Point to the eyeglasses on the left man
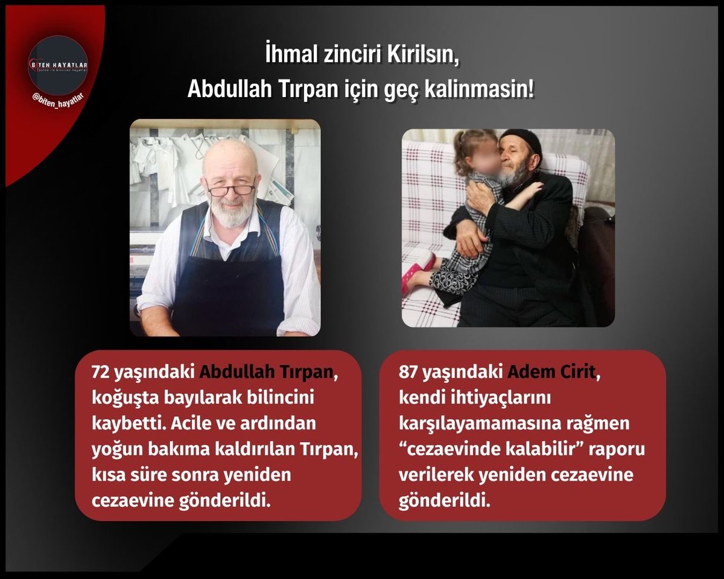coord(231,189)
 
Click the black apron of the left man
coord(228,289)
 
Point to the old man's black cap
coord(521,141)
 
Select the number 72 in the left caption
coord(101,372)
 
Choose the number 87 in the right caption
coord(410,372)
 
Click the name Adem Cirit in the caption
coord(551,372)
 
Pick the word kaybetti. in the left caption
coord(123,423)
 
